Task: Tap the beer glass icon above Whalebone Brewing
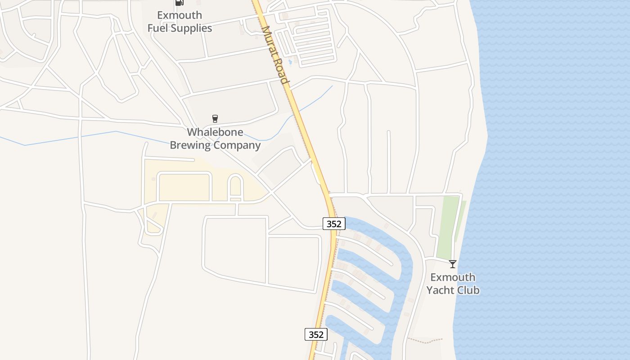[x=215, y=119]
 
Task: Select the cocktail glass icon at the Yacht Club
[x=453, y=264]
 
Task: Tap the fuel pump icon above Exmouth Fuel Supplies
[x=180, y=2]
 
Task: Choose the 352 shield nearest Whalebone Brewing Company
[x=334, y=224]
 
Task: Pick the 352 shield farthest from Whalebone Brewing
[x=316, y=334]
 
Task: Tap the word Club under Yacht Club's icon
[x=468, y=290]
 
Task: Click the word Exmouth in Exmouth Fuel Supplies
[x=180, y=15]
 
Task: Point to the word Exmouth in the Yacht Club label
[x=453, y=277]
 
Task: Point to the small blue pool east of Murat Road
[x=290, y=62]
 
